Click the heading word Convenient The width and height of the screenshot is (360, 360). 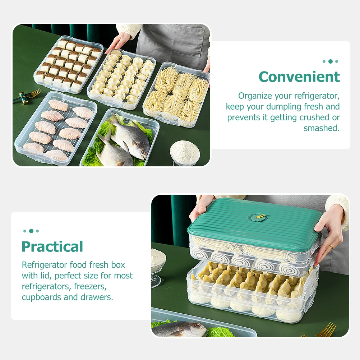click(299, 77)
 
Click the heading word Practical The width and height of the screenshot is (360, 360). click(52, 246)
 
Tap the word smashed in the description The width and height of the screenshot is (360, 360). click(322, 128)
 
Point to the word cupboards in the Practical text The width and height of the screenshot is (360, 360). click(42, 297)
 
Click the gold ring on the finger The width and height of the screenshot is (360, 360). click(331, 247)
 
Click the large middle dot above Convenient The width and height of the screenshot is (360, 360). click(331, 61)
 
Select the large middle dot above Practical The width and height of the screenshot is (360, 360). click(31, 231)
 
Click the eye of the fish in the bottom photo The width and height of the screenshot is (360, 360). click(196, 325)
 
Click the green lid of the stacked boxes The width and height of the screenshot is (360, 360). click(254, 220)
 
